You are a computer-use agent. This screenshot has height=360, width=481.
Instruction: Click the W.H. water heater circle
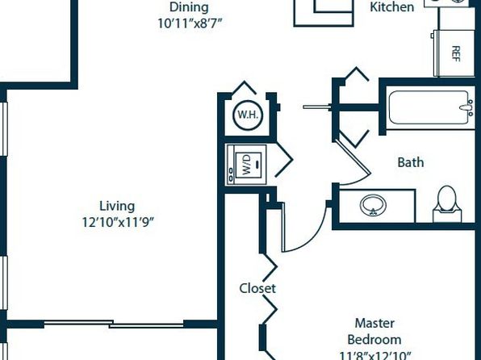249,115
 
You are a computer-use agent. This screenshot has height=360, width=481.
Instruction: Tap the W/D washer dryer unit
247,165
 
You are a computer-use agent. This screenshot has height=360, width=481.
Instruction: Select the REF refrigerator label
456,54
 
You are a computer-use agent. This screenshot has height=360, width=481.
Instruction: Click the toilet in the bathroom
447,203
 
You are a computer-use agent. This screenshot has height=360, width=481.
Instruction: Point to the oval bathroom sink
373,205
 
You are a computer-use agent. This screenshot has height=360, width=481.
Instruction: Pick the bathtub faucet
467,107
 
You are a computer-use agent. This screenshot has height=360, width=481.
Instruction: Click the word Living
117,207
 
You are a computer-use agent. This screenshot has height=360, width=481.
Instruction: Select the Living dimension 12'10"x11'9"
118,222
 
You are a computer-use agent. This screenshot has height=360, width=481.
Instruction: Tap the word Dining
189,7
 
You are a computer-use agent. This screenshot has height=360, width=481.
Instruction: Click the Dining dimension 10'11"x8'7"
190,23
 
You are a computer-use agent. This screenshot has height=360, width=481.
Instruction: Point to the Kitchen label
391,7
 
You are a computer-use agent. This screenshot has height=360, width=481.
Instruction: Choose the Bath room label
411,162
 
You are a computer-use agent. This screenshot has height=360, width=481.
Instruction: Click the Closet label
257,288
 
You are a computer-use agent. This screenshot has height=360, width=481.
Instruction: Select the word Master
374,323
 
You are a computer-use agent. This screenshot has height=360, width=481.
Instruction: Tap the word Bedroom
374,340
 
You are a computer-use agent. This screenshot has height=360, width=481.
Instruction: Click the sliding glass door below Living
114,324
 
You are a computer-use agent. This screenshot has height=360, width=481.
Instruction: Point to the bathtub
429,107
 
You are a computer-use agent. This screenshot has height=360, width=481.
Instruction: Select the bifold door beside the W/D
285,160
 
